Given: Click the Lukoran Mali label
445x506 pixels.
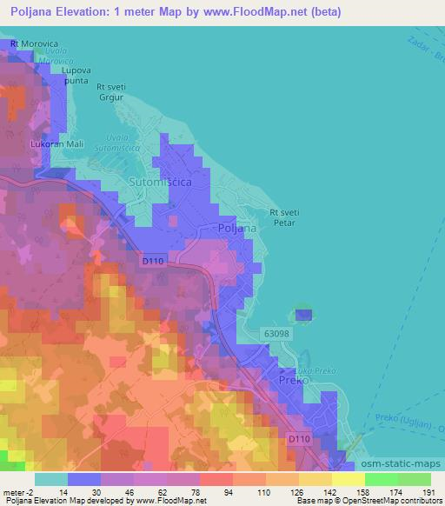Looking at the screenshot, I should (x=56, y=145).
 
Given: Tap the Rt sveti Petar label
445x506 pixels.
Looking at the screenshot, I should (x=284, y=216).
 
